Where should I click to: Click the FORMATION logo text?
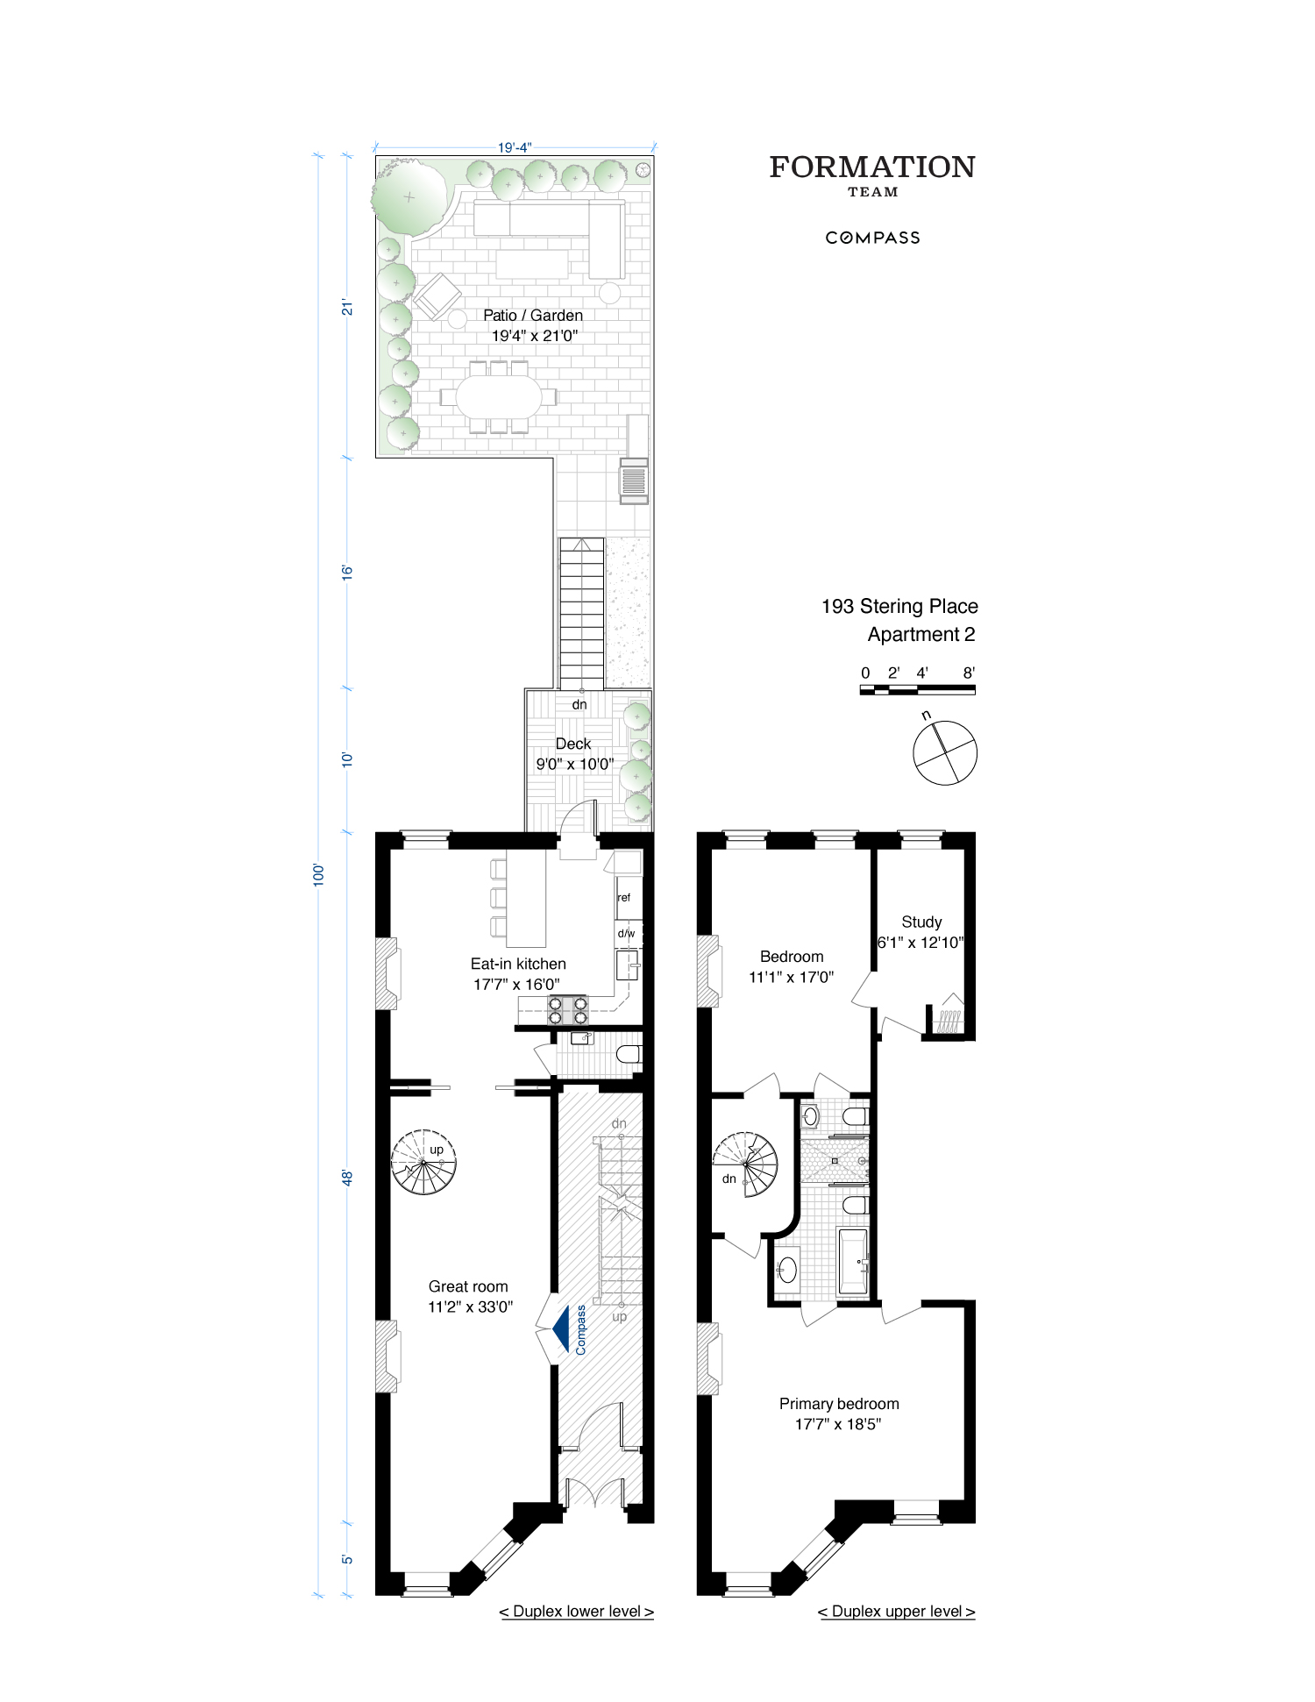[x=871, y=167]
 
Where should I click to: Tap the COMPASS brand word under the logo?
[x=872, y=238]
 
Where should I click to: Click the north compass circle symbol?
[x=944, y=752]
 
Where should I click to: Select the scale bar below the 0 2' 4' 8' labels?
[x=917, y=690]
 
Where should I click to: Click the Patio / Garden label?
[x=533, y=316]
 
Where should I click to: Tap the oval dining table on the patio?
[x=499, y=397]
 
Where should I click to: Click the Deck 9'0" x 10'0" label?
[x=574, y=754]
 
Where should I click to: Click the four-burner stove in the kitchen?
[x=567, y=1010]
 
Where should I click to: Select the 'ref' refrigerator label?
[x=623, y=897]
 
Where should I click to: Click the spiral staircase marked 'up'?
[x=423, y=1163]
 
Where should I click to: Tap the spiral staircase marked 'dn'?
[x=745, y=1164]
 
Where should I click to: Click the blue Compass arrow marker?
[x=561, y=1330]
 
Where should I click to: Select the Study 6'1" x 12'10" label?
[x=920, y=932]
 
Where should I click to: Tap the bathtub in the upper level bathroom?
[x=852, y=1262]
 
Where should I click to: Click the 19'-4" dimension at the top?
[x=515, y=147]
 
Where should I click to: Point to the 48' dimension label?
[x=347, y=1178]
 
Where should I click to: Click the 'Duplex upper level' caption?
[x=896, y=1612]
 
